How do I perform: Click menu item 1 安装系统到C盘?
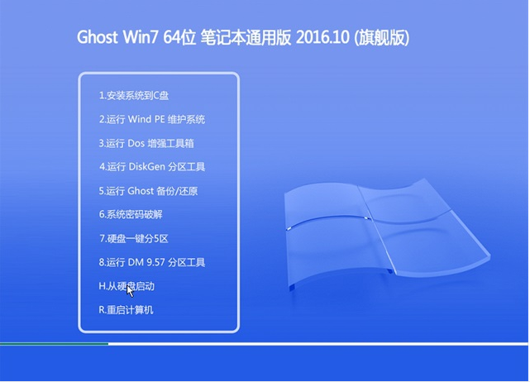point(134,96)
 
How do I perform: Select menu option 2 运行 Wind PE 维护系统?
point(152,119)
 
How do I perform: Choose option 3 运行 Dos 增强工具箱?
point(146,143)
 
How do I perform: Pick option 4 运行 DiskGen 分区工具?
point(152,167)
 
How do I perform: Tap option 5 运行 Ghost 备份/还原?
point(148,191)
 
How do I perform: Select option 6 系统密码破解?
point(131,214)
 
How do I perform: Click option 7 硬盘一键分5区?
point(134,239)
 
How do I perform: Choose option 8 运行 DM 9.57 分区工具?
point(152,262)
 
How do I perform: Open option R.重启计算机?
point(126,310)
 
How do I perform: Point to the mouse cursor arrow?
point(130,291)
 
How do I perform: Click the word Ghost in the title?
point(98,37)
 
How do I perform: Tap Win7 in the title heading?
point(141,37)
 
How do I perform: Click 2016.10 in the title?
point(322,37)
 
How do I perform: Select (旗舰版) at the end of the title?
point(381,38)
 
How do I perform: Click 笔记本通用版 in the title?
point(246,37)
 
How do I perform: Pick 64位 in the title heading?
point(179,37)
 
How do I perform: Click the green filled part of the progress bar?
point(54,344)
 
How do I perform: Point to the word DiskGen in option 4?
point(147,167)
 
